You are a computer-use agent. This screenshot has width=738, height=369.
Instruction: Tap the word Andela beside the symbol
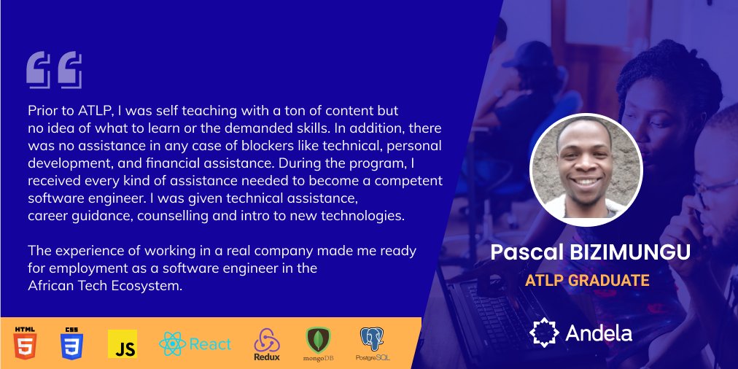click(599, 333)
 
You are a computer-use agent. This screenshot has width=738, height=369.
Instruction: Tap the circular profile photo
click(586, 169)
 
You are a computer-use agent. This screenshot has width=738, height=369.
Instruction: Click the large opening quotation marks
click(54, 70)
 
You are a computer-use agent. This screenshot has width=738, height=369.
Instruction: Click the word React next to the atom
click(210, 344)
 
